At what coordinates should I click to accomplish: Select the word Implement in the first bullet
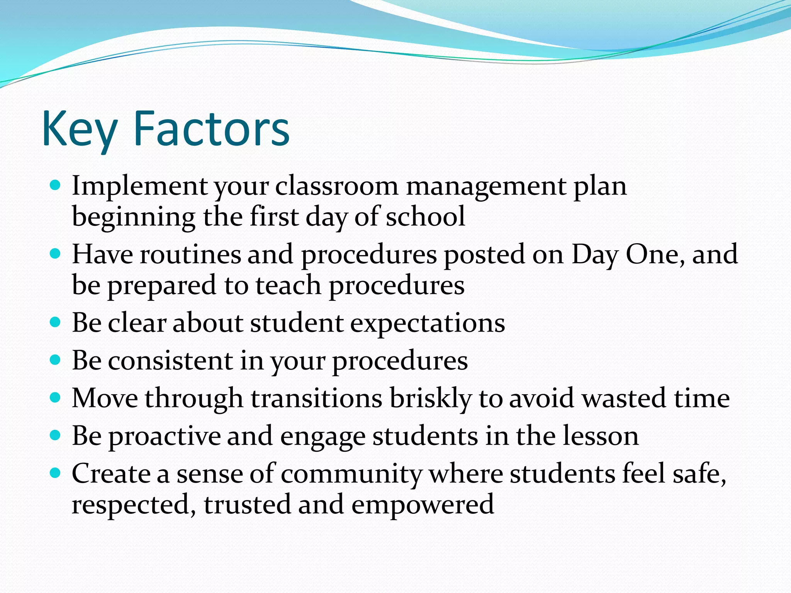click(140, 186)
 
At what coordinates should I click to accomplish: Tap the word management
click(486, 186)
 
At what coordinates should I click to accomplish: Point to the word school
click(426, 217)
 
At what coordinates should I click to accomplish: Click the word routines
click(190, 254)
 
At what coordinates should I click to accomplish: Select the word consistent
click(170, 361)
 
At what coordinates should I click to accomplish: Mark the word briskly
click(430, 398)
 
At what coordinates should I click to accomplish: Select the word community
click(351, 474)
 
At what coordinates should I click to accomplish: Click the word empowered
click(423, 504)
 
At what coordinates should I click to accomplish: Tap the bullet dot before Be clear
click(56, 322)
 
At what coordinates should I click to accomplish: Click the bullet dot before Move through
click(56, 397)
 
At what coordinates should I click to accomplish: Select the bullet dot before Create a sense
click(56, 473)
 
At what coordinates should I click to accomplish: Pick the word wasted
click(624, 398)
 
